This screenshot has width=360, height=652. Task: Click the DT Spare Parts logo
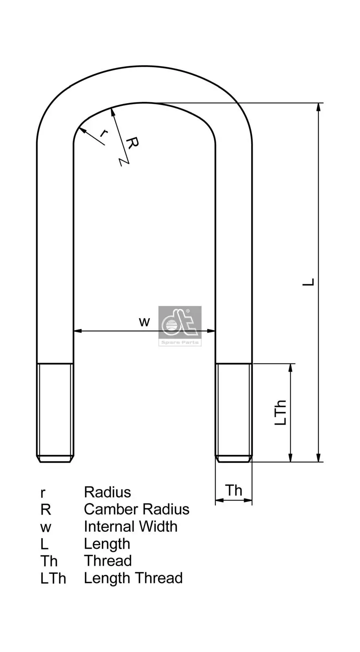click(x=180, y=326)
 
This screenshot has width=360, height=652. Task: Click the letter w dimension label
click(x=144, y=322)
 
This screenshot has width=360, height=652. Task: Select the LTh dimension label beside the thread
click(x=281, y=413)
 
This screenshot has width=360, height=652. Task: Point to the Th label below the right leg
click(x=234, y=490)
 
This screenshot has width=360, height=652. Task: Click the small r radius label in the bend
click(x=103, y=133)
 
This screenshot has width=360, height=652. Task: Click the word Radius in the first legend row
click(x=108, y=492)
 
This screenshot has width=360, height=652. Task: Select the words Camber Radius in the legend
click(x=136, y=509)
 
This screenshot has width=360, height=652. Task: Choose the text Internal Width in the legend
click(x=130, y=526)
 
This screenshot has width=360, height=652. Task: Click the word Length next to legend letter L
click(x=107, y=544)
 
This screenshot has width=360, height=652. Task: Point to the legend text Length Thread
click(x=133, y=578)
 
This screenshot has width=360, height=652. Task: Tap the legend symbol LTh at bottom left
click(x=53, y=579)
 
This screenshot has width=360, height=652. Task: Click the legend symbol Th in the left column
click(x=49, y=561)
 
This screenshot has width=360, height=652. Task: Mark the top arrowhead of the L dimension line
click(x=319, y=107)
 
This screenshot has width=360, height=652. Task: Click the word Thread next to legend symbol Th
click(x=108, y=561)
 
